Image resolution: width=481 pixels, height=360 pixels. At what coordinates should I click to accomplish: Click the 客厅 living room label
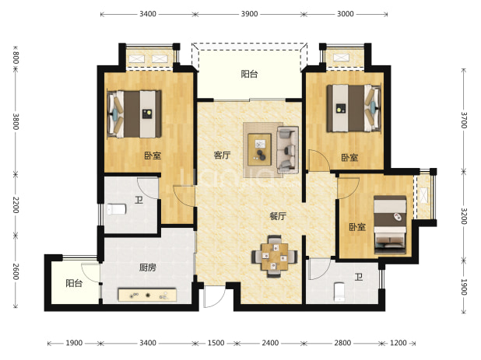[222, 155]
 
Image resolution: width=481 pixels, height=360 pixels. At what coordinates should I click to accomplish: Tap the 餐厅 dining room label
[278, 216]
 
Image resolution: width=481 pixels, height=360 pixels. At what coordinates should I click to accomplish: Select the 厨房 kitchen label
[148, 267]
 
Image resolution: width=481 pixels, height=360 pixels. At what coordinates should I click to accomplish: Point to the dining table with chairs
[275, 257]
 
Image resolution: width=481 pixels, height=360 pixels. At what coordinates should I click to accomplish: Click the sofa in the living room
[287, 149]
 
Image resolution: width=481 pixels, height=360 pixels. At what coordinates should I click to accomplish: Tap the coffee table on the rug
[259, 148]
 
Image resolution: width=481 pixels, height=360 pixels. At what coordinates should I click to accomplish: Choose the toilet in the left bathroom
[116, 210]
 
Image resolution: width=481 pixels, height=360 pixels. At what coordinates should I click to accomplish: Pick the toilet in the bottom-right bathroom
[339, 292]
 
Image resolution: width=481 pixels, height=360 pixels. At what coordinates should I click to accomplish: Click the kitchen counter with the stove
[147, 295]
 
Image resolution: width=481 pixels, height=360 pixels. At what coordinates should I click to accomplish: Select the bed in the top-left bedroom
[135, 114]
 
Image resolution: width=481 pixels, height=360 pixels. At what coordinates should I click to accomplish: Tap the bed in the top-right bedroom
[354, 108]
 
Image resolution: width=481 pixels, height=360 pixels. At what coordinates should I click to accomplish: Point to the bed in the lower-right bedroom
[390, 225]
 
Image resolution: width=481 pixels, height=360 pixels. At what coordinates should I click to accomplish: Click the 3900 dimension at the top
[249, 14]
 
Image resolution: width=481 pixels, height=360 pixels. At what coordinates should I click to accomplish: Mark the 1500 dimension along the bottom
[216, 343]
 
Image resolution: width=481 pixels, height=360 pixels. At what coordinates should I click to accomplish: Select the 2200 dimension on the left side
[16, 205]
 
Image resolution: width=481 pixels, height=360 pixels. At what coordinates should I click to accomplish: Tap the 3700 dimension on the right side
[464, 120]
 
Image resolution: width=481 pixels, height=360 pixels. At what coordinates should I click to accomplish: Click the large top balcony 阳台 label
[249, 74]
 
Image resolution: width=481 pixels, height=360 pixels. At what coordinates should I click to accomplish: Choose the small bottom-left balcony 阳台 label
[74, 283]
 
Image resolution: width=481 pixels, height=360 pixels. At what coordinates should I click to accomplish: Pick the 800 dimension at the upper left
[16, 58]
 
